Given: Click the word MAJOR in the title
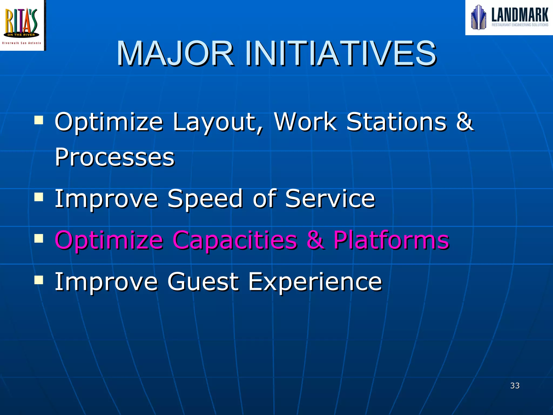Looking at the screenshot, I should coord(175,53).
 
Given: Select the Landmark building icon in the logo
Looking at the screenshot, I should coord(478,17).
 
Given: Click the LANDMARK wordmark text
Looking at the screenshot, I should coord(520,15).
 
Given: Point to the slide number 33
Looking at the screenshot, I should coord(515,386).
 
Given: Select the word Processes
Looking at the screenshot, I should coord(115,157).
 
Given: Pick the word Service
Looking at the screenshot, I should coord(330,199).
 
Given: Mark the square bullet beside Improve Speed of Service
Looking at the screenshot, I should coord(39,197).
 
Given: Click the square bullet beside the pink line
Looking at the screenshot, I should coord(39,238).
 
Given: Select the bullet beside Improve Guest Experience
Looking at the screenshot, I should coord(39,280).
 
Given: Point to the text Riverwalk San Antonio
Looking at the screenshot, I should coord(22,43).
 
